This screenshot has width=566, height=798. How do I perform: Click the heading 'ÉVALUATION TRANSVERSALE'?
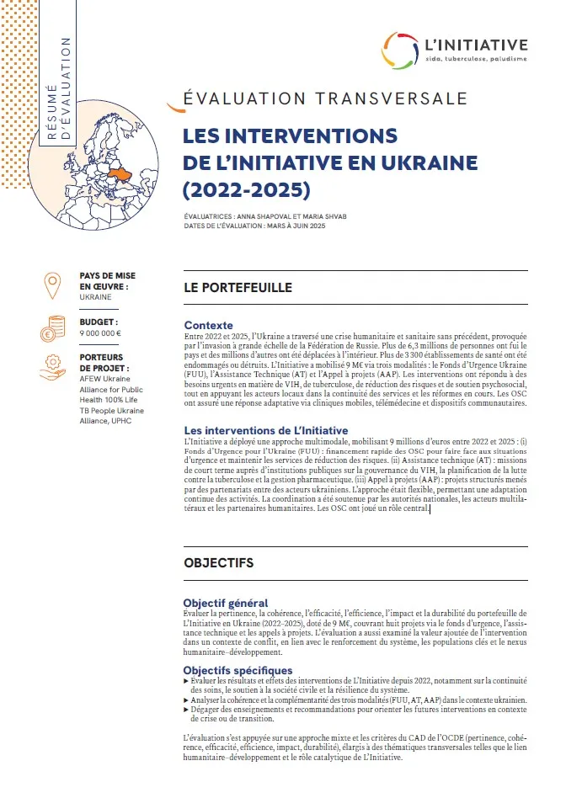coord(324,98)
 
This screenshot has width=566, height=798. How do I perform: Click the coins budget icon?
coord(53,327)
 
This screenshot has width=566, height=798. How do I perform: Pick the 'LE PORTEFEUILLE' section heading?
coord(238,288)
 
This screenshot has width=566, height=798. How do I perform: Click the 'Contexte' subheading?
coord(208,325)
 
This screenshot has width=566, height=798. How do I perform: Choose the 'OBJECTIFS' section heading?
coord(218,561)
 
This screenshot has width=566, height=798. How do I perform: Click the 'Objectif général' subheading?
coord(226,603)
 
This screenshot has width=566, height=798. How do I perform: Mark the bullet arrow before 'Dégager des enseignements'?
coord(186,710)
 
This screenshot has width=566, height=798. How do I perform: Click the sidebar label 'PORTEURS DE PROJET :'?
coord(104,362)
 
